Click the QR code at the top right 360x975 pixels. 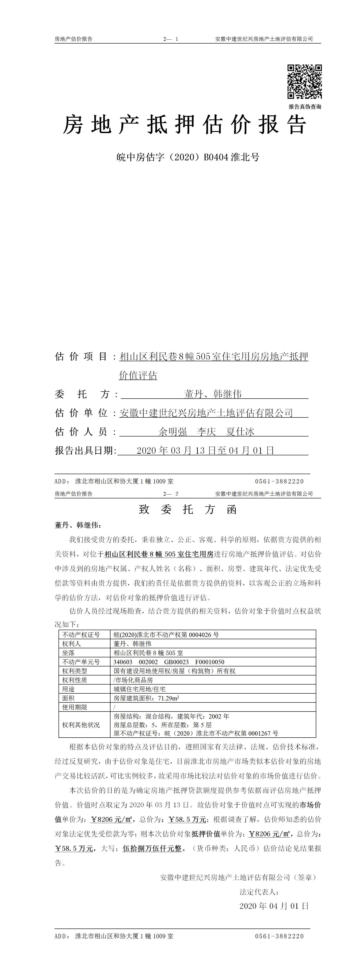304,82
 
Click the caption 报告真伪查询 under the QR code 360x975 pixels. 305,107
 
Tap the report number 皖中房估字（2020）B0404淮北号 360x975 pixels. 188,157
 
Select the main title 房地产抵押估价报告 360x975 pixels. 184,125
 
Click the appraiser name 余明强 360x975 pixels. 173,431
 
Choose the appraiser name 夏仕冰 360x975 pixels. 240,431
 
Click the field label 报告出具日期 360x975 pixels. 85,450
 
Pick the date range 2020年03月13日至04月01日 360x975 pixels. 205,450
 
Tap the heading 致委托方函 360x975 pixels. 188,509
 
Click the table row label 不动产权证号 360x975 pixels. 81,634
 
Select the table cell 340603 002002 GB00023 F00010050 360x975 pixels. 169,662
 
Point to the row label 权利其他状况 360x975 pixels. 81,724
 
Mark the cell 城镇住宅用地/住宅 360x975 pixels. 139,689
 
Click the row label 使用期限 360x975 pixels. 75,707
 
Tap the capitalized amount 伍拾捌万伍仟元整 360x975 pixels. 152,848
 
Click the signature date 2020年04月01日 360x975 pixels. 274,906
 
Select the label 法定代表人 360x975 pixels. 259,892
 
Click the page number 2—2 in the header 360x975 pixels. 171,494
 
